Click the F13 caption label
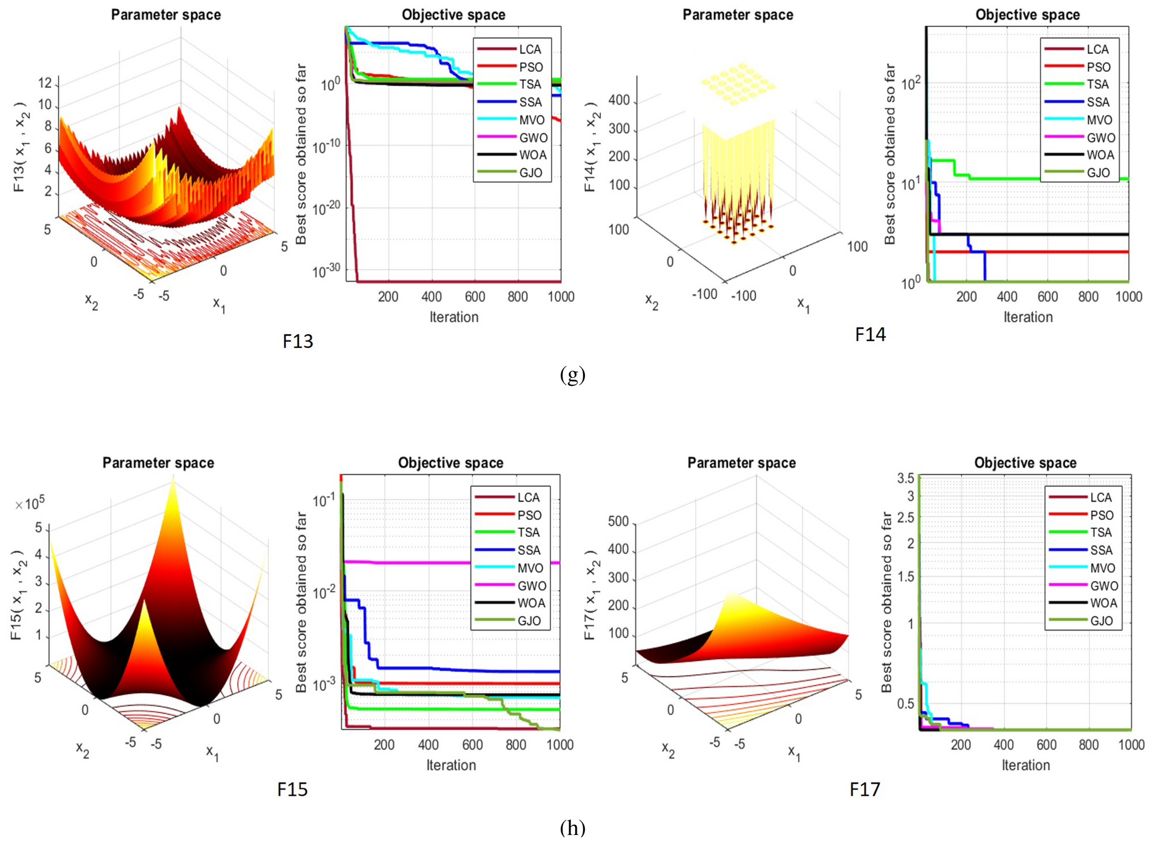coord(298,341)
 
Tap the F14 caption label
coord(870,334)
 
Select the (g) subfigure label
coord(572,374)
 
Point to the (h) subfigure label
coord(572,827)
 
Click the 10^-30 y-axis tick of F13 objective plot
coord(326,270)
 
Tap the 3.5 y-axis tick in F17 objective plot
coord(905,478)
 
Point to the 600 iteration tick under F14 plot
coord(1047,296)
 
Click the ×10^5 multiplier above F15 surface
coord(30,504)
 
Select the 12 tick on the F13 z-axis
coord(45,83)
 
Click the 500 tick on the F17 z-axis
coord(618,521)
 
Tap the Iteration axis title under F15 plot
coord(451,765)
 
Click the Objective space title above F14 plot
coord(1027,15)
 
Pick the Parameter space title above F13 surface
coord(165,15)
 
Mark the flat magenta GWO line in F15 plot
coord(460,563)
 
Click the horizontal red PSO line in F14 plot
coord(1034,252)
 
